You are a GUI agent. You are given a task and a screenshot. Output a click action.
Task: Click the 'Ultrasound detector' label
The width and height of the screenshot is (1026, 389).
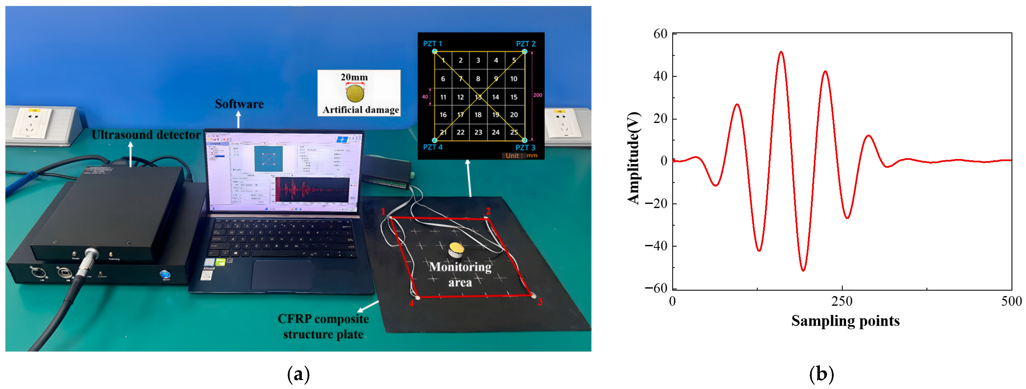pos(146,135)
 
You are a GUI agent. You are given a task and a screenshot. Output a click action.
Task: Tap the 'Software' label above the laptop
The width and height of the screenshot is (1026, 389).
pos(239,104)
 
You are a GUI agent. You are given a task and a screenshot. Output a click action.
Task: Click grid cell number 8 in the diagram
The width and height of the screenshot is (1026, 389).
pos(478,79)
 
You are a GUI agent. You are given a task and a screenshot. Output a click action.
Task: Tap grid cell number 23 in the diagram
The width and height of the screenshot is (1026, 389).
pos(478,132)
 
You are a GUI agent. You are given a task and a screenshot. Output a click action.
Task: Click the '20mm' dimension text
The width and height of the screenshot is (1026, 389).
pos(354,77)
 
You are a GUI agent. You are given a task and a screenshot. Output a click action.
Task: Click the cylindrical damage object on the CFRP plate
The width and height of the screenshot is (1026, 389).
pos(456,250)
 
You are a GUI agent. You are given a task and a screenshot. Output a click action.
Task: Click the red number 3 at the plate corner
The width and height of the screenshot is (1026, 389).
pos(540,302)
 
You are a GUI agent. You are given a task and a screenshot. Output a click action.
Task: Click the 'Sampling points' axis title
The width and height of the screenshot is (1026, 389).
pos(845,321)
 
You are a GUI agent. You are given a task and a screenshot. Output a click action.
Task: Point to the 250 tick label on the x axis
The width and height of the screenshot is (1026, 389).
pos(842,301)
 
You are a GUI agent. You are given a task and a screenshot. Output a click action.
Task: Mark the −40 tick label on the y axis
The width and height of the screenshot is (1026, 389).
pos(656,246)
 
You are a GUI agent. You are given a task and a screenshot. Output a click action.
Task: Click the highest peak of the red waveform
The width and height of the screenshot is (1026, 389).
pos(781,52)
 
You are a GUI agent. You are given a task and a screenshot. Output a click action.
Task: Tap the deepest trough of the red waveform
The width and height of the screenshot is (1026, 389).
pos(803,271)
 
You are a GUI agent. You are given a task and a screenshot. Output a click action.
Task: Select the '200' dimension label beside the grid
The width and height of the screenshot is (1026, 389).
pos(538,95)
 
